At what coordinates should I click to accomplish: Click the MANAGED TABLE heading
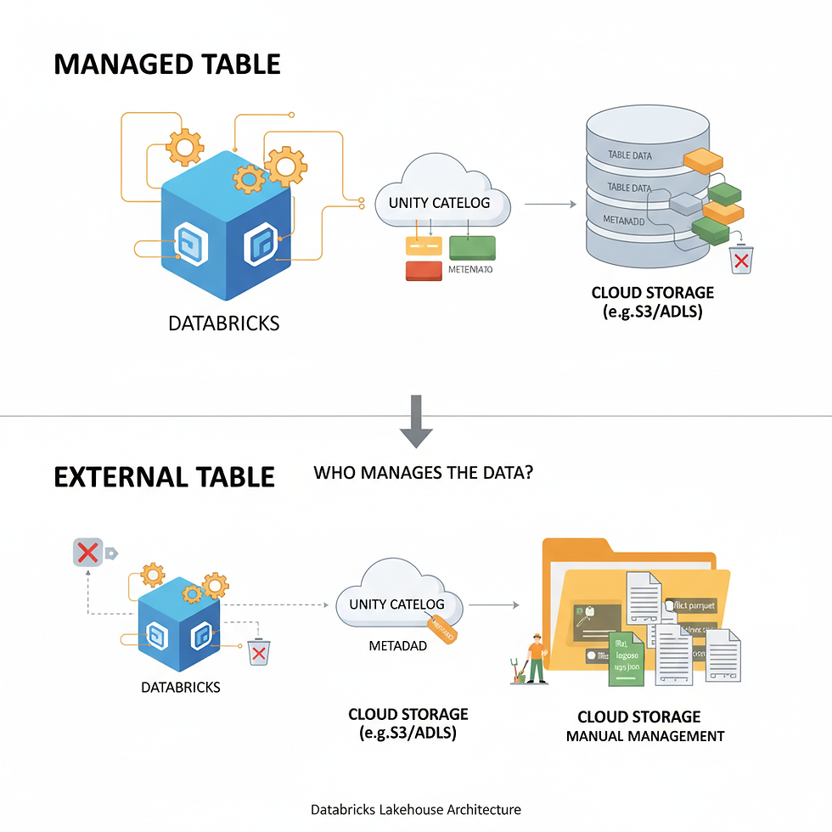click(x=167, y=65)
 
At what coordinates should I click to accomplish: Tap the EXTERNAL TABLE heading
click(x=164, y=476)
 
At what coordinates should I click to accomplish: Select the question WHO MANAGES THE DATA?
click(x=424, y=472)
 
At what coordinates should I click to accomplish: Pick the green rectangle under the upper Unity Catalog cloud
click(x=472, y=246)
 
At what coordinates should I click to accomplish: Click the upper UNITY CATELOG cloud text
click(x=439, y=203)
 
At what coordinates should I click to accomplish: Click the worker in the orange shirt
click(x=536, y=658)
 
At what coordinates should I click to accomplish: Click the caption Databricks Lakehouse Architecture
click(x=416, y=810)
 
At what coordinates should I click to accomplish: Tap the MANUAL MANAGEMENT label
click(x=645, y=736)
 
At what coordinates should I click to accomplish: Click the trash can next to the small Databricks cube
click(x=258, y=652)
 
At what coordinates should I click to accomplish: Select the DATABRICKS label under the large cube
click(x=224, y=323)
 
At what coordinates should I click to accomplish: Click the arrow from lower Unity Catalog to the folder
click(x=494, y=605)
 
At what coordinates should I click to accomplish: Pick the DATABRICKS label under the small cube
click(x=181, y=687)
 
